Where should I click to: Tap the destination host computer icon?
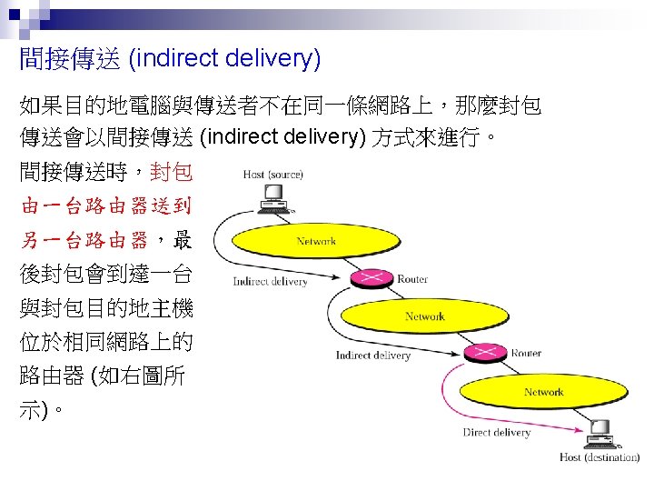point(599,435)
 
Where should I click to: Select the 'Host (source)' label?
point(273,174)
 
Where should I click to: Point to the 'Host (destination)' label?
point(599,457)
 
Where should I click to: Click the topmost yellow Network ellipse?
point(315,241)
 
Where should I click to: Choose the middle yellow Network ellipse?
point(424,316)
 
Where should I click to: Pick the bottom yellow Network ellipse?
point(543,392)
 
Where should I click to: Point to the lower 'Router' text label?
point(526,353)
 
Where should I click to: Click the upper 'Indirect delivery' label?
point(270,281)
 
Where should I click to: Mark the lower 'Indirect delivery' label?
point(372,355)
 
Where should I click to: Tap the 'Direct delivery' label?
point(496,433)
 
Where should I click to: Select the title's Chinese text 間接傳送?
point(69,60)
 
